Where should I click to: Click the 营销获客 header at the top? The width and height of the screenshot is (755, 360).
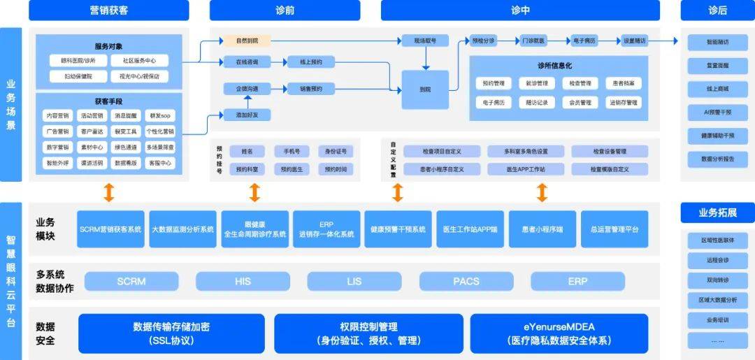(109, 10)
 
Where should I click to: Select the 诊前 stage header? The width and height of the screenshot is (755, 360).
(285, 10)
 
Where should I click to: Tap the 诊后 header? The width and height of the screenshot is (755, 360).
(717, 10)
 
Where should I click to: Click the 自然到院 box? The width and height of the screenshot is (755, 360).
(247, 41)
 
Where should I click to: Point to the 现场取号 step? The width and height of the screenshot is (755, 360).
(425, 41)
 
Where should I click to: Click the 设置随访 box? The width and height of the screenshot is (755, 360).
(635, 41)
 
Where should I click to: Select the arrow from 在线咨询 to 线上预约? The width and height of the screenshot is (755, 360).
(279, 62)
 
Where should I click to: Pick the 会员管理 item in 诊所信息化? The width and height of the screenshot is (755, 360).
(579, 102)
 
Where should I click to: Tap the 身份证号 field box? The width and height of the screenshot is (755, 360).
(335, 151)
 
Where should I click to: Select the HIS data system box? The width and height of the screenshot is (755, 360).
(243, 282)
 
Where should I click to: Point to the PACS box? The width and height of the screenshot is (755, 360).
(466, 282)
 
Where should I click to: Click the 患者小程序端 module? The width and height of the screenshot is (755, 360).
(542, 229)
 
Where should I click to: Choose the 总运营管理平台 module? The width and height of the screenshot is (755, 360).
(614, 229)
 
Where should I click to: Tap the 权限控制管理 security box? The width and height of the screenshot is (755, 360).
(368, 333)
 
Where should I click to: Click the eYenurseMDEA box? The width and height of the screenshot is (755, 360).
(559, 333)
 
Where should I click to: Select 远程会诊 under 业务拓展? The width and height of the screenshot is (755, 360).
(717, 260)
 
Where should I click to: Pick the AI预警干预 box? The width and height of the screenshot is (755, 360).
(717, 112)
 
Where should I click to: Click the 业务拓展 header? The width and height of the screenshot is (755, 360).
(717, 213)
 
